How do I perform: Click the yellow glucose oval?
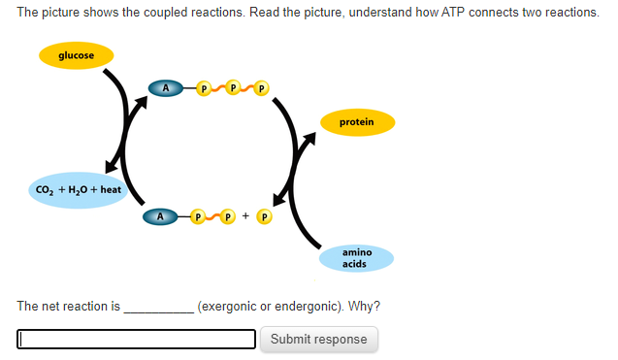(x=77, y=55)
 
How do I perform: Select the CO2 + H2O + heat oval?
(x=78, y=189)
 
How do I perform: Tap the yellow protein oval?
(x=356, y=122)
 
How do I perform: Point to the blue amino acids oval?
(x=356, y=258)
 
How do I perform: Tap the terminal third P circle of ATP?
(x=262, y=89)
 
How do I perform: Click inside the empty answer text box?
(x=137, y=339)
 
